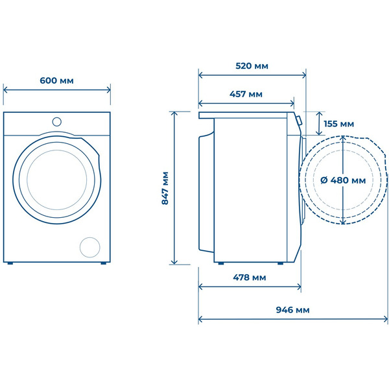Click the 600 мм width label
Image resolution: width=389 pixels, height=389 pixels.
[x=56, y=80]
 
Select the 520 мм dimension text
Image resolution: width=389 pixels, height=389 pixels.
[x=252, y=66]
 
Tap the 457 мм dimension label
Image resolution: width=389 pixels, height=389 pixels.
[x=246, y=94]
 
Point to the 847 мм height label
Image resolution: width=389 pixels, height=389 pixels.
[x=165, y=188]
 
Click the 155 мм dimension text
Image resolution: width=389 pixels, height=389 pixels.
[x=339, y=124]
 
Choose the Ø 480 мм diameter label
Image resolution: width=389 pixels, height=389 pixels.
[x=343, y=180]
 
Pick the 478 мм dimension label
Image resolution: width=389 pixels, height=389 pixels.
[x=250, y=277]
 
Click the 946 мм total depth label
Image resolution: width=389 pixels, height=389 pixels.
[x=293, y=310]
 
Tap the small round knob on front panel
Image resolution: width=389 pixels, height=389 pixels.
[x=57, y=122]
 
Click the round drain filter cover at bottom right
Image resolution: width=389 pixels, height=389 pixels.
[x=90, y=247]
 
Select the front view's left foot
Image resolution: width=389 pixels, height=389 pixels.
[x=10, y=263]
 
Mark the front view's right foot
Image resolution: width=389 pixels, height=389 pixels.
[x=104, y=263]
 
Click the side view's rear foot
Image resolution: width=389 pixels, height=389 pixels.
[x=221, y=263]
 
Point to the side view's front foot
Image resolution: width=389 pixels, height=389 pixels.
[x=280, y=263]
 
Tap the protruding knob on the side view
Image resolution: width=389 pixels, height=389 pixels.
[x=299, y=121]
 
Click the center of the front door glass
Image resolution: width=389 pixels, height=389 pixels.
[x=57, y=180]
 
